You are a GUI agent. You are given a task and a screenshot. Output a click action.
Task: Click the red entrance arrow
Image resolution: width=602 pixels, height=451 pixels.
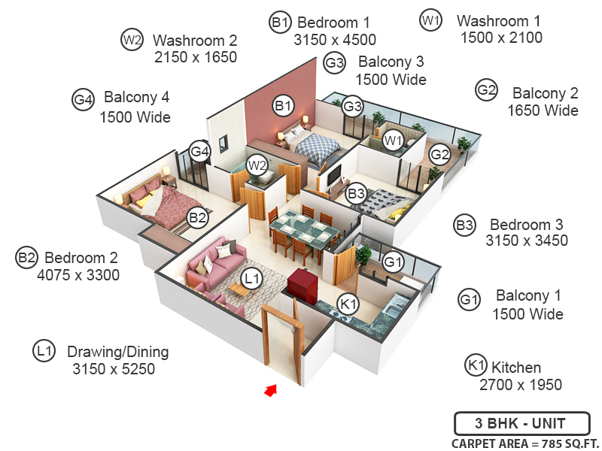(x=271, y=389)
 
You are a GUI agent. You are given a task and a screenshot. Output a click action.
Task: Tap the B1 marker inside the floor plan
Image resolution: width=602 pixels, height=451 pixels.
(x=283, y=106)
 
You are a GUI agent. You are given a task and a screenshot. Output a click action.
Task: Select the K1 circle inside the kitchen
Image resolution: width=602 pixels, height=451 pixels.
(x=348, y=304)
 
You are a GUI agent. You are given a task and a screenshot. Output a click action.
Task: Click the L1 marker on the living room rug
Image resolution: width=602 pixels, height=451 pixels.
(x=253, y=280)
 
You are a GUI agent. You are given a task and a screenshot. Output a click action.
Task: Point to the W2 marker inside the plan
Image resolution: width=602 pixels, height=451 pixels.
(x=257, y=165)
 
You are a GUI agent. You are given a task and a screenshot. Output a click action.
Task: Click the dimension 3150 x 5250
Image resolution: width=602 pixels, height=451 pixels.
(x=114, y=369)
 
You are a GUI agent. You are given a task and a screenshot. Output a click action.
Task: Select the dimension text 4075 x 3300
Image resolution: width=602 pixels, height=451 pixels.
(x=78, y=275)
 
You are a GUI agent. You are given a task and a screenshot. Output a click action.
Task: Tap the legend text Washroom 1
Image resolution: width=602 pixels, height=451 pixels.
(x=499, y=21)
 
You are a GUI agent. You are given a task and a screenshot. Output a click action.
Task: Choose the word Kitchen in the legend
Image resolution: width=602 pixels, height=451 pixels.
(x=516, y=368)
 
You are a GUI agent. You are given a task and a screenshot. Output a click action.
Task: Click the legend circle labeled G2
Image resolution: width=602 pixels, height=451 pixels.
(x=487, y=91)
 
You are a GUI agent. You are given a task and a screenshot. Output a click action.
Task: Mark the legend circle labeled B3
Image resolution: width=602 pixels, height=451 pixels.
(x=465, y=225)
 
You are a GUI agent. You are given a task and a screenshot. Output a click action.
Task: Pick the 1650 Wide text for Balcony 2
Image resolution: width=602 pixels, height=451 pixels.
(x=543, y=110)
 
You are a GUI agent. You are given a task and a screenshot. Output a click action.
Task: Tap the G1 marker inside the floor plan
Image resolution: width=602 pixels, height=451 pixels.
(x=392, y=262)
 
